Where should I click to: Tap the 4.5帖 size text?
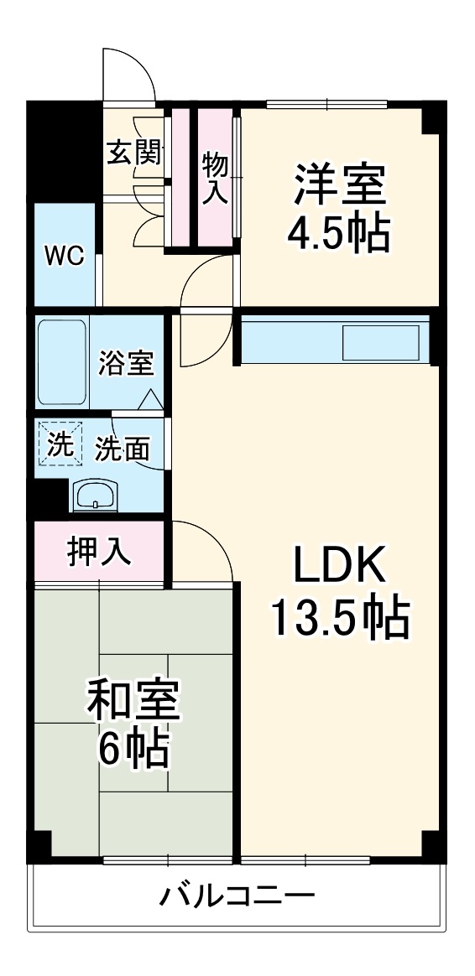[x=338, y=233]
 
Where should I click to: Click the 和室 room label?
[x=133, y=702]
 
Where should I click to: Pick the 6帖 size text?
[x=133, y=750]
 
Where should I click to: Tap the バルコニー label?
[x=237, y=896]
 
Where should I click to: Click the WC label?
[x=65, y=256]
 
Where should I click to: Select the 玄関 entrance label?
[x=134, y=153]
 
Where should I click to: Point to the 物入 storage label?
[x=215, y=179]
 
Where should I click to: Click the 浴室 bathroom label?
[x=125, y=365]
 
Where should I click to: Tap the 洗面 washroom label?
[x=122, y=449]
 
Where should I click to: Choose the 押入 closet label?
[x=100, y=552]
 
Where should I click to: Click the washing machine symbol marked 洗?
[x=60, y=444]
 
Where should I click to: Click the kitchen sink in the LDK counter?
[x=381, y=342]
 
